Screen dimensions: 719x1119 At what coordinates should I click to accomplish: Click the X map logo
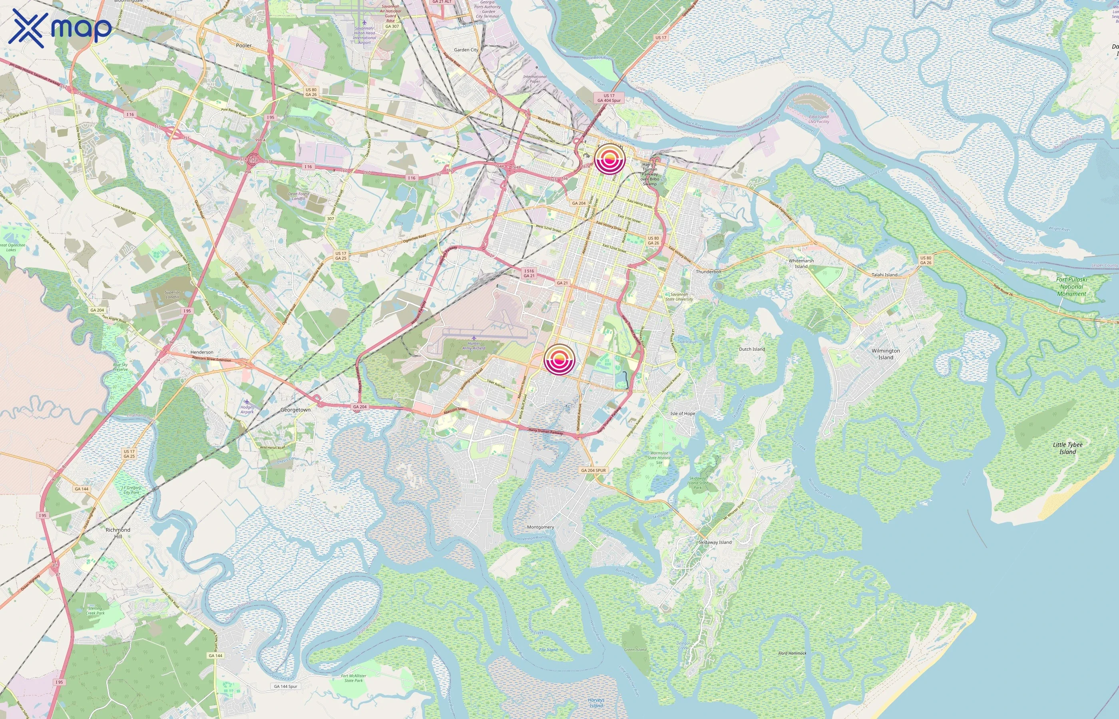(x=60, y=28)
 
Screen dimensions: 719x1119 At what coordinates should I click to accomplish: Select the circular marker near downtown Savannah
(x=609, y=159)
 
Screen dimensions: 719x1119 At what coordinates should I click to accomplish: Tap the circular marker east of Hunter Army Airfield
(x=559, y=360)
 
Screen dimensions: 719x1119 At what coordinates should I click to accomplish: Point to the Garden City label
(x=466, y=50)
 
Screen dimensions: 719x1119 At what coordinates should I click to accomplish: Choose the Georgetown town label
(x=295, y=410)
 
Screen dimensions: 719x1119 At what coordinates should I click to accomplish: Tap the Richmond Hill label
(x=117, y=533)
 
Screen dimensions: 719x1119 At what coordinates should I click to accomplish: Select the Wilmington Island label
(x=886, y=354)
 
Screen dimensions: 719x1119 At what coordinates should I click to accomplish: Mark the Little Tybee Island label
(x=1067, y=448)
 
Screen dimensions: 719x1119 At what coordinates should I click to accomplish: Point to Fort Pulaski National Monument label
(x=1071, y=287)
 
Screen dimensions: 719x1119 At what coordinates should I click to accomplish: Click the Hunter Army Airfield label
(x=474, y=346)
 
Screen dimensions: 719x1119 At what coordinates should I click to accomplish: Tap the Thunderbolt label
(x=709, y=272)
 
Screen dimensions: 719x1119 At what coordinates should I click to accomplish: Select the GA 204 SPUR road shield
(x=593, y=470)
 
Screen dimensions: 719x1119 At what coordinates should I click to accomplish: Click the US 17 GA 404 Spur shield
(x=609, y=98)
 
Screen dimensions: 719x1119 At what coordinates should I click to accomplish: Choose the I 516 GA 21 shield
(x=529, y=273)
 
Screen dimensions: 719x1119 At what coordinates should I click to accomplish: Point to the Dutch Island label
(x=752, y=349)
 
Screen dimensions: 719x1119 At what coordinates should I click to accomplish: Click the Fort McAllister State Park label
(x=354, y=678)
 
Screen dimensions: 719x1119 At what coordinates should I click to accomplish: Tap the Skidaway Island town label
(x=715, y=542)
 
